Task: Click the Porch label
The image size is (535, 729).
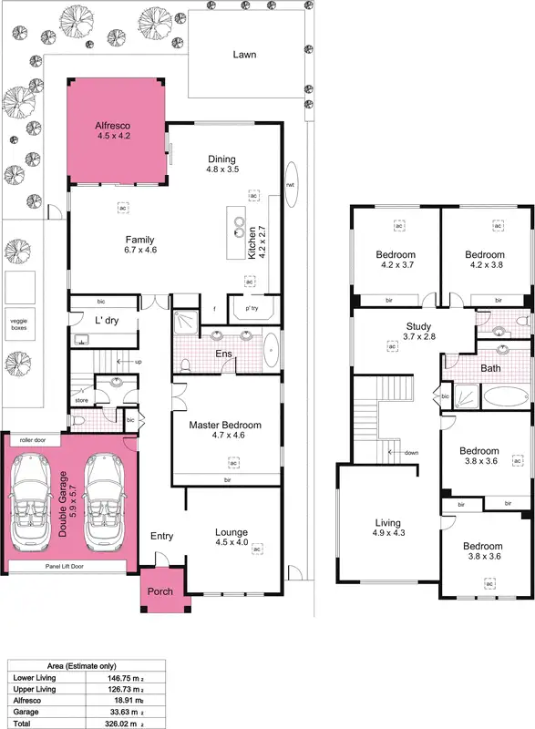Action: point(161,591)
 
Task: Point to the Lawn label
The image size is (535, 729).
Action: point(244,55)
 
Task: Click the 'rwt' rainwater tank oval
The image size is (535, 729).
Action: point(291,185)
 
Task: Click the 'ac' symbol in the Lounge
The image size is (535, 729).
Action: point(257,549)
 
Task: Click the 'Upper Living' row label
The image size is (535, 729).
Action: point(33,690)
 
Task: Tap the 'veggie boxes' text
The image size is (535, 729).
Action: point(18,324)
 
